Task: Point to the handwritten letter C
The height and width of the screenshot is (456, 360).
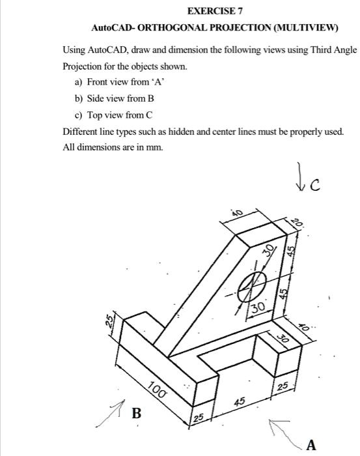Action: click(x=315, y=185)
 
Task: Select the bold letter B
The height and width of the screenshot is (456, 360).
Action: click(x=137, y=413)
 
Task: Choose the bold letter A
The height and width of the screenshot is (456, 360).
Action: click(x=311, y=445)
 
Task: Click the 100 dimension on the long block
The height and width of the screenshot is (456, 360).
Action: click(x=156, y=391)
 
